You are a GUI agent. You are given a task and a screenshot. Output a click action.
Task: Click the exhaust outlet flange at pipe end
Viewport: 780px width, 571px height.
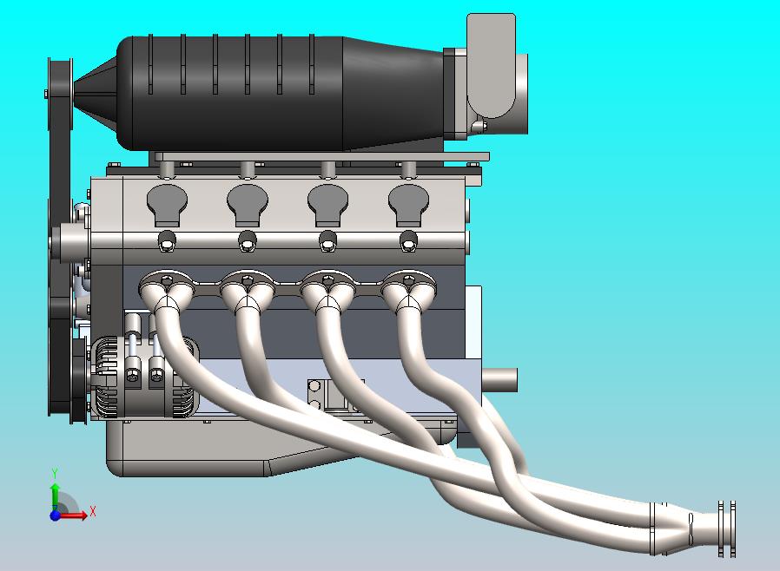[727, 528]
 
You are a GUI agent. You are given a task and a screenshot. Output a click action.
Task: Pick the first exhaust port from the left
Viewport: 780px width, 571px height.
[167, 284]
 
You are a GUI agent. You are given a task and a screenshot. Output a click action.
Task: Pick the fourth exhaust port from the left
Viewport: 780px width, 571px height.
[408, 284]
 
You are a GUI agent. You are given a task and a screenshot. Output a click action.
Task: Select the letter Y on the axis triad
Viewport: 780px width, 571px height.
[55, 474]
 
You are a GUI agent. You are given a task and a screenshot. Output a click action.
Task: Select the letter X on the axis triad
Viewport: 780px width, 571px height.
[93, 512]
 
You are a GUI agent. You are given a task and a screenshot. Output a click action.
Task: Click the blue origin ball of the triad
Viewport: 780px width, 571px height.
[56, 515]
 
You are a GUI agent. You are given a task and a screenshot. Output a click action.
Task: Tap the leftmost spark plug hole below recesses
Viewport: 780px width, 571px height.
[167, 242]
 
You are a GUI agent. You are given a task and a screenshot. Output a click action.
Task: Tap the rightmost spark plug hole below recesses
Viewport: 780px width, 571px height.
[408, 242]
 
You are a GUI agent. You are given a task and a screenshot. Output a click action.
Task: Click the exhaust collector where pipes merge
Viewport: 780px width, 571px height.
[673, 527]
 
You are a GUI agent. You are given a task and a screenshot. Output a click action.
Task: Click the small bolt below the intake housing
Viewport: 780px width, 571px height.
[476, 128]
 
